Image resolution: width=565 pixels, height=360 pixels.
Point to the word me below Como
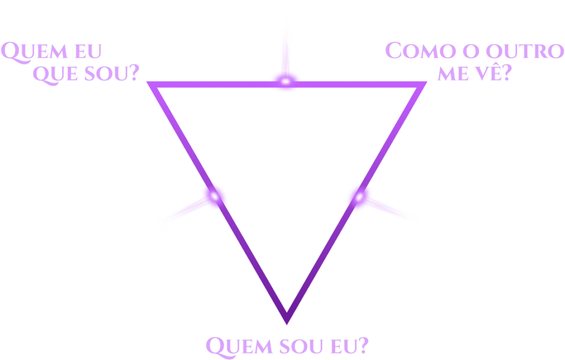point(453,73)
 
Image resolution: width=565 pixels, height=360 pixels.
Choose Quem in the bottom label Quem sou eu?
point(239,347)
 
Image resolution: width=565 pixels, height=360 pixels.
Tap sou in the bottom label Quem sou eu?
point(301,346)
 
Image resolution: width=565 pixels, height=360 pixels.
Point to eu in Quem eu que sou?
point(88,51)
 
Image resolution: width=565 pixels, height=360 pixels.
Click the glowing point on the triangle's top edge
point(286,82)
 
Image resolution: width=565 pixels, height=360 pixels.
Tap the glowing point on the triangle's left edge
point(215,196)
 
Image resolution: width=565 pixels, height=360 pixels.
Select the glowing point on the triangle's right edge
point(359,197)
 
